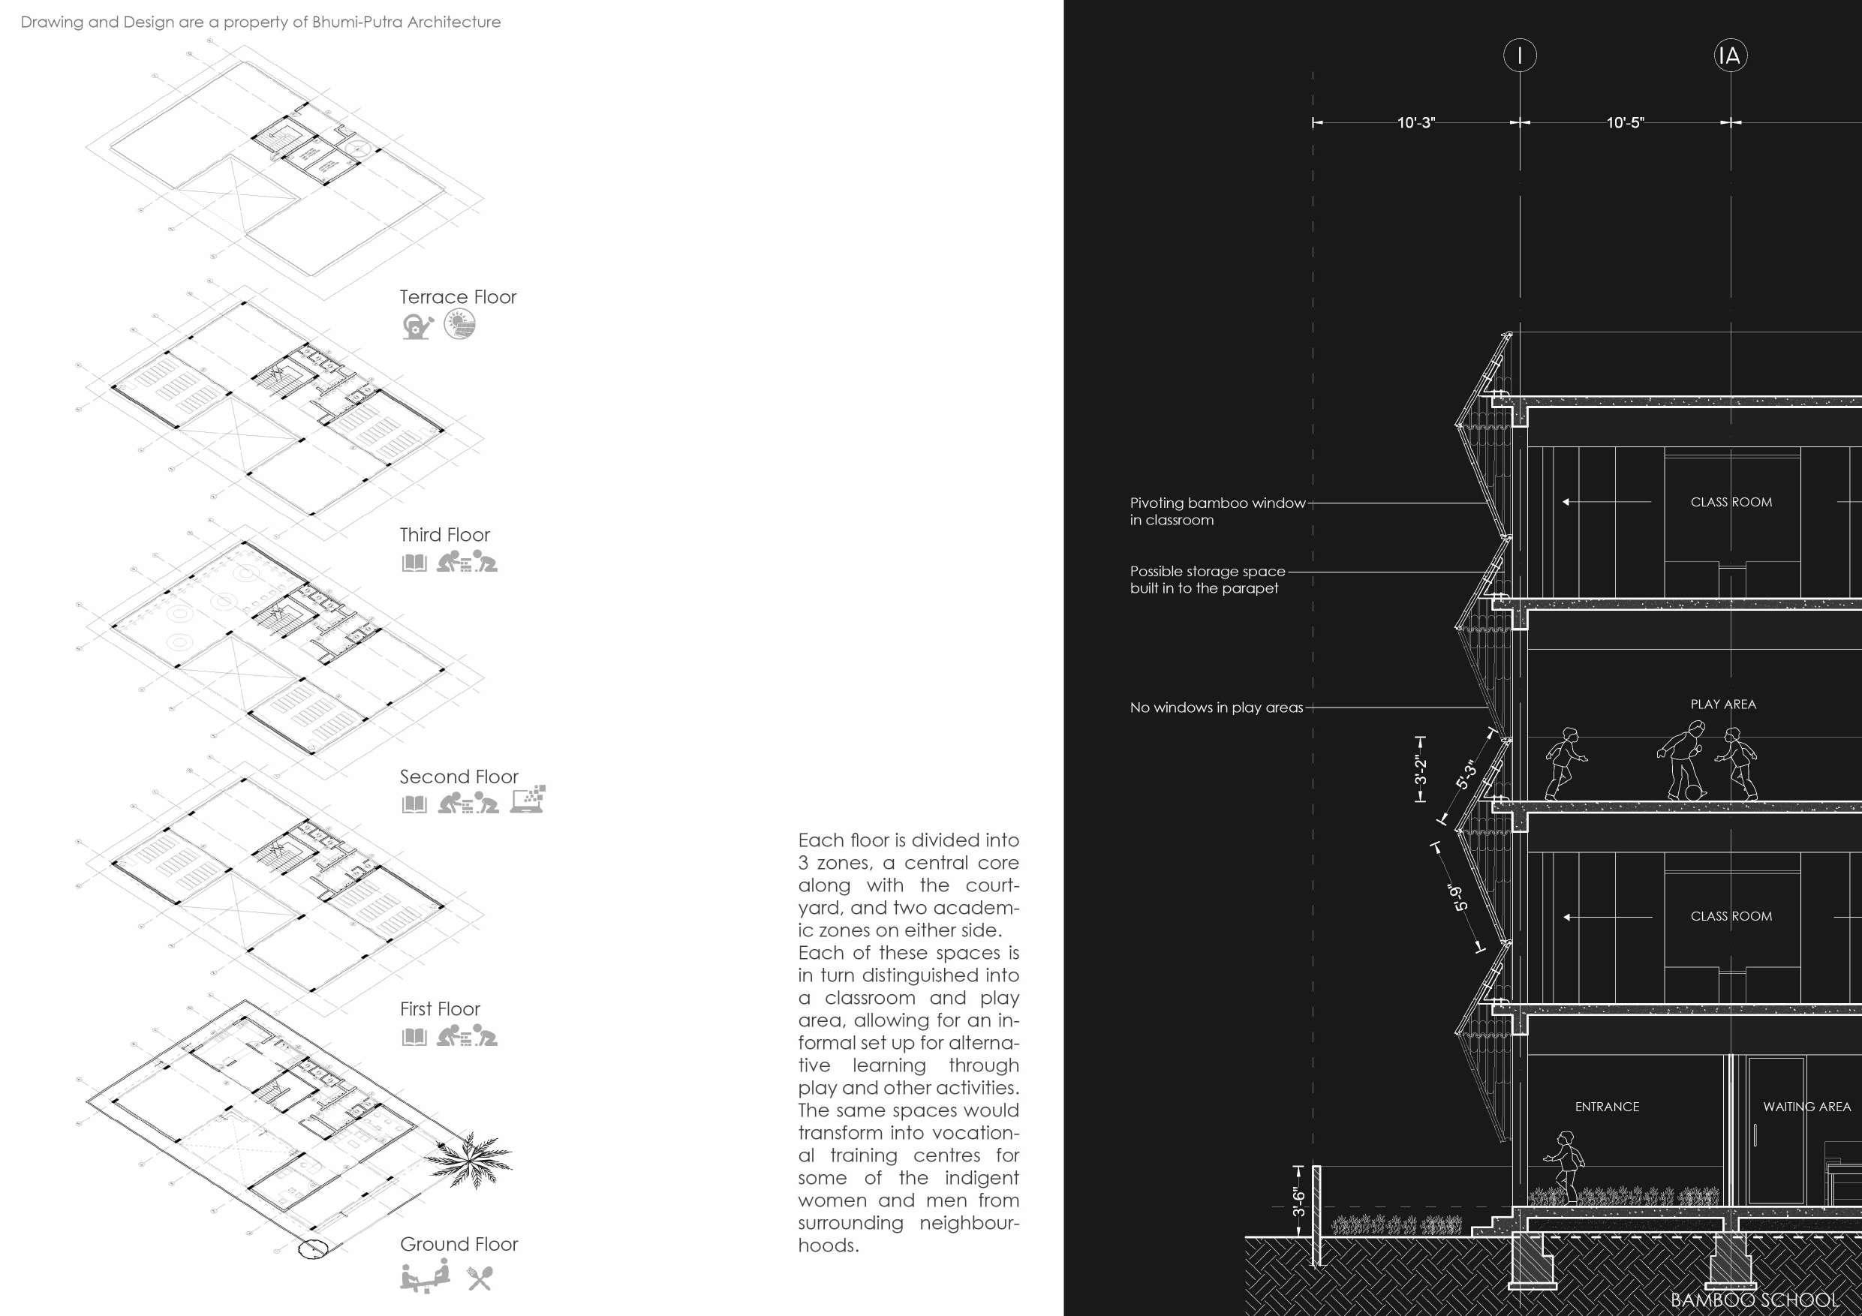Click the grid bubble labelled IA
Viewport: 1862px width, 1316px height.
(1730, 55)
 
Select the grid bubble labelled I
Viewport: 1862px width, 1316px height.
(1520, 55)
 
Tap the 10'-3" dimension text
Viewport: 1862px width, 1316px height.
(1416, 122)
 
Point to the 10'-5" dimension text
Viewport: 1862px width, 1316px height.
(1625, 122)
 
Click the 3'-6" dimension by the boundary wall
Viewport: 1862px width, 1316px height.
(1299, 1202)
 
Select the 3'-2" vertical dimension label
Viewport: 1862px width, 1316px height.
(1421, 771)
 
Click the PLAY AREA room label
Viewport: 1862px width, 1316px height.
(1723, 704)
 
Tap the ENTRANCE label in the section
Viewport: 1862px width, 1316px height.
(1607, 1107)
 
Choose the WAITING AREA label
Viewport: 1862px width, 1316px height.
(1807, 1107)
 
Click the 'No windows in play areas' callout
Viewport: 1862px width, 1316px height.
(1217, 708)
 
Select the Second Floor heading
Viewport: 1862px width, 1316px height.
(459, 777)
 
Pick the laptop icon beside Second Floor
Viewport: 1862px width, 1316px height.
(528, 800)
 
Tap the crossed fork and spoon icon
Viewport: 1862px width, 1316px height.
(480, 1278)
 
